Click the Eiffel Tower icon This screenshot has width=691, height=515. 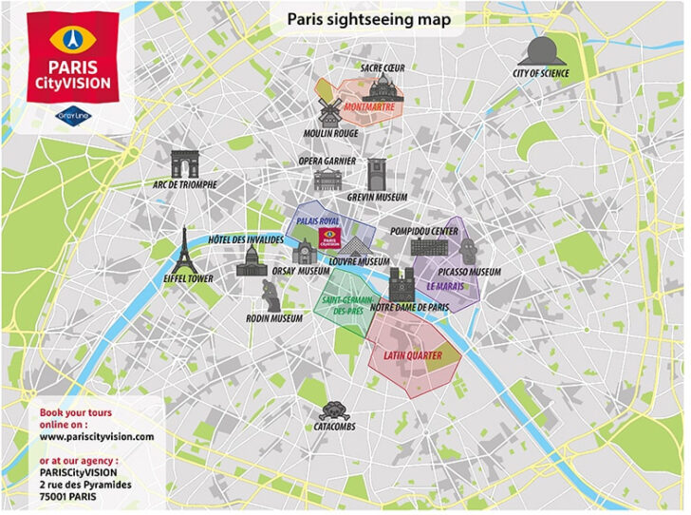184,250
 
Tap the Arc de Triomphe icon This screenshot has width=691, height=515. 183,163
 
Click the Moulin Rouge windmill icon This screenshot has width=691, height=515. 329,109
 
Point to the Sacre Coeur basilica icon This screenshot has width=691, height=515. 383,89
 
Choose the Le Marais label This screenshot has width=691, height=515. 444,285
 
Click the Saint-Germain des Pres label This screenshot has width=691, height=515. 345,305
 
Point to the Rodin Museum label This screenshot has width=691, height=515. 274,319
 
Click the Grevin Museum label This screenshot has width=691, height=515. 377,197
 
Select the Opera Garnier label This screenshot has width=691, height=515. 327,161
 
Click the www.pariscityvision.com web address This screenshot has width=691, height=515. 97,436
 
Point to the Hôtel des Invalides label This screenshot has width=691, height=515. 246,239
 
